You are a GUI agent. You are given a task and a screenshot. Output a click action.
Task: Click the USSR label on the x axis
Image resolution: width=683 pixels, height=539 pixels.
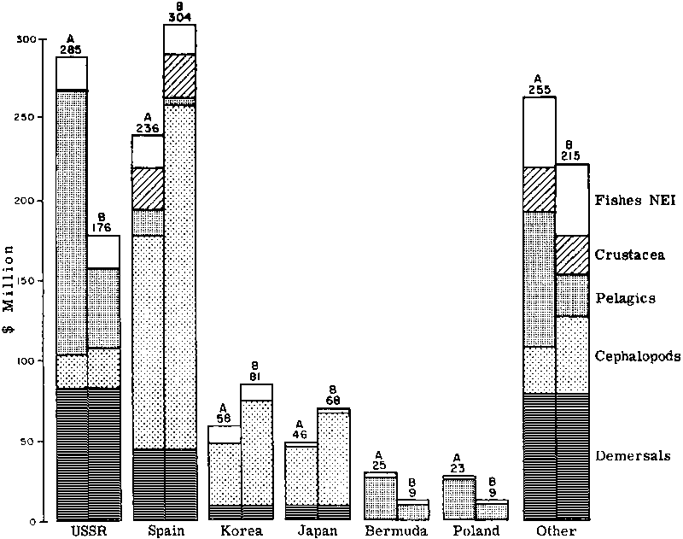pos(87,531)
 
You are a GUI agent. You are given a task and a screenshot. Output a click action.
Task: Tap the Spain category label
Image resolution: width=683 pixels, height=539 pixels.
pos(164,531)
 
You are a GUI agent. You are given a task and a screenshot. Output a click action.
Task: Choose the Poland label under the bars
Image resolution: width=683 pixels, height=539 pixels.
pos(470,531)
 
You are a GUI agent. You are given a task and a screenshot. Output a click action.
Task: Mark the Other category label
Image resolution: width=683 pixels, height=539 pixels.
pos(559,531)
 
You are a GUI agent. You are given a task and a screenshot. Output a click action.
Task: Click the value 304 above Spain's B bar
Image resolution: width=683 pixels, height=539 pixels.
pos(179,17)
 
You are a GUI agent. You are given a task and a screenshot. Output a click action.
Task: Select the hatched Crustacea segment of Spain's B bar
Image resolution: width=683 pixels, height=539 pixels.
pos(179,76)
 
